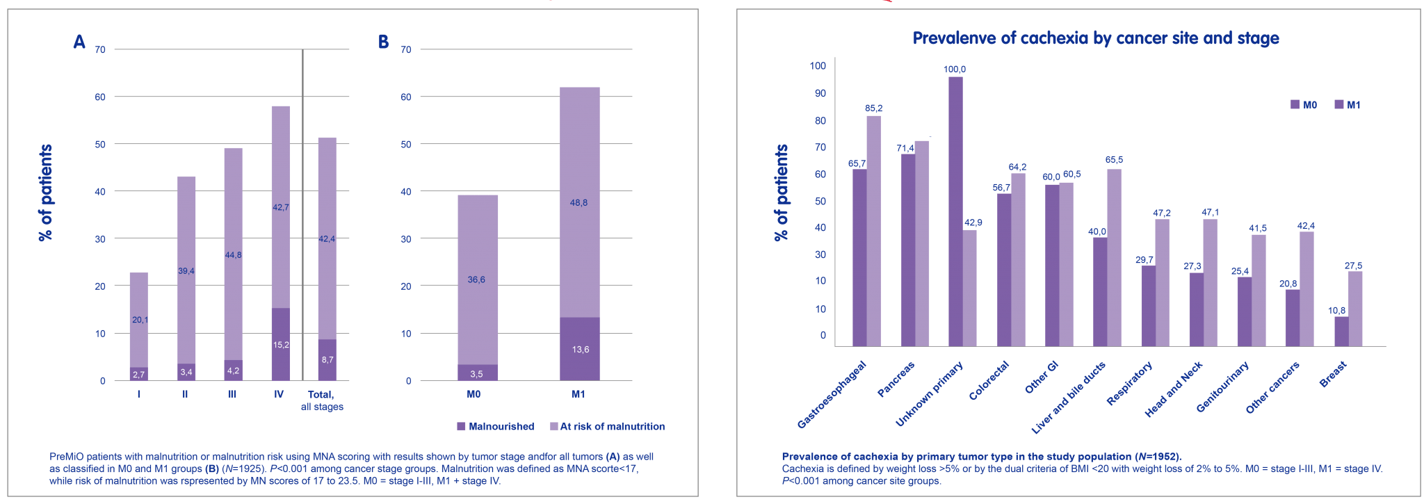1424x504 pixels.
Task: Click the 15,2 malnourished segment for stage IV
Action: [280, 345]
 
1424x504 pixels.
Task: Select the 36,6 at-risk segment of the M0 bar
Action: [477, 279]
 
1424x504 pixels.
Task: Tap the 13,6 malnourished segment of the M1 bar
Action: [580, 349]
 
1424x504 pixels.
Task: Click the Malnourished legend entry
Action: [495, 426]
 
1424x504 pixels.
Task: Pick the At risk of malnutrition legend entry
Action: [606, 426]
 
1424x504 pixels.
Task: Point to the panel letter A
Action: [79, 43]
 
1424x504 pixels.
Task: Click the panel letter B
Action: [383, 43]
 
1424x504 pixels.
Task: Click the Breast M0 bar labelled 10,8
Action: [1341, 331]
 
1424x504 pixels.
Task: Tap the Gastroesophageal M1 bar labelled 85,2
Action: [874, 230]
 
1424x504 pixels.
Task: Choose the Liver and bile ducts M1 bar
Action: [1114, 257]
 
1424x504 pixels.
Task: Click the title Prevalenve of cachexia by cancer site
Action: [1095, 38]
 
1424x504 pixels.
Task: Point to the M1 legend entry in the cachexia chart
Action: [1347, 105]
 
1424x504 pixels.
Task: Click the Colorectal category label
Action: [989, 380]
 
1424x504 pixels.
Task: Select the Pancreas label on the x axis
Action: [896, 380]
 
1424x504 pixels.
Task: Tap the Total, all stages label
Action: [322, 400]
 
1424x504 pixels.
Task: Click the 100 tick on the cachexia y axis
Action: [818, 66]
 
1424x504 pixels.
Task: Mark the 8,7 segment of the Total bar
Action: [327, 359]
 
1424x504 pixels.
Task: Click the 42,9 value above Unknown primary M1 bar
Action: [973, 222]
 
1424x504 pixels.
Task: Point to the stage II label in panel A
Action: [185, 394]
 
